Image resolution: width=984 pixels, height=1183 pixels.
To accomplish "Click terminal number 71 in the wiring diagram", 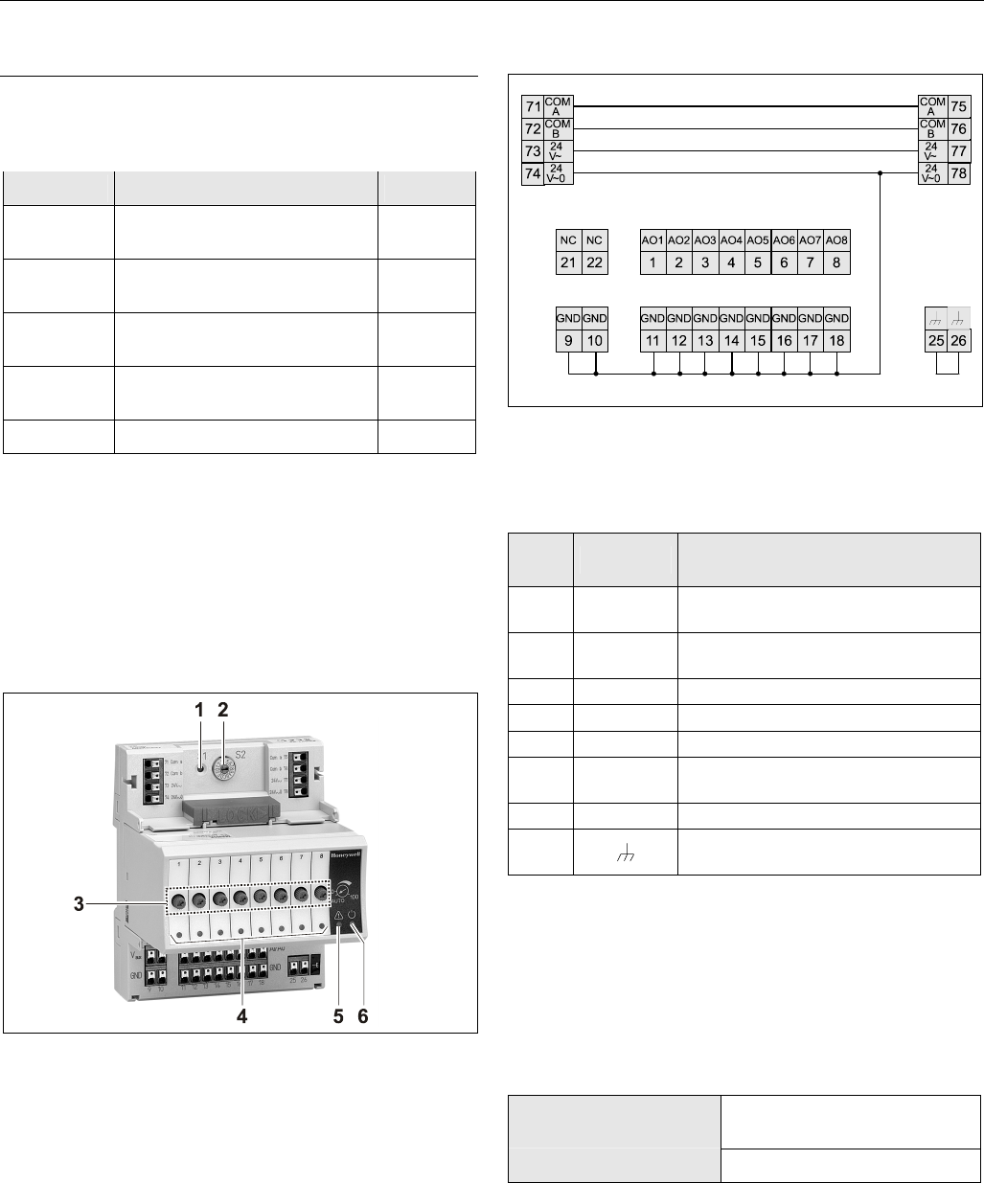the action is click(533, 105).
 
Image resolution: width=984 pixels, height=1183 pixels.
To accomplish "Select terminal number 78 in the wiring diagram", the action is click(958, 173).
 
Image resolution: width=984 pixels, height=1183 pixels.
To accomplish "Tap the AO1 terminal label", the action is click(652, 239).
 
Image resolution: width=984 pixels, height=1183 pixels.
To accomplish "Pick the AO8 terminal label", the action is click(836, 239).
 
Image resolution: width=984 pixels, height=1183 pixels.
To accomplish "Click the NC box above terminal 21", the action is click(568, 239).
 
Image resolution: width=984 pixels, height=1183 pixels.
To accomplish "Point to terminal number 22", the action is click(595, 261).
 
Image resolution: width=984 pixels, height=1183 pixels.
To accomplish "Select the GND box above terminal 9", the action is click(568, 317).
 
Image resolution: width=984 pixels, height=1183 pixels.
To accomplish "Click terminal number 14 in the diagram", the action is click(731, 339).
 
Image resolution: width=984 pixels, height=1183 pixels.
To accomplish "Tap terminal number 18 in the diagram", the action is click(836, 339).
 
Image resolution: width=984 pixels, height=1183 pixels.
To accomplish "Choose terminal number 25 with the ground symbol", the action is click(928, 339).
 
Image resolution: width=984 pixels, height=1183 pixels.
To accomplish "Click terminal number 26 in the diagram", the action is click(954, 339).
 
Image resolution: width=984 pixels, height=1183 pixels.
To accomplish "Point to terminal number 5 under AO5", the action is click(758, 261).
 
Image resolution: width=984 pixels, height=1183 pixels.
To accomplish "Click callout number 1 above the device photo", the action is click(199, 710).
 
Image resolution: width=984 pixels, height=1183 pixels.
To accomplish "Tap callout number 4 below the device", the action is click(243, 1017).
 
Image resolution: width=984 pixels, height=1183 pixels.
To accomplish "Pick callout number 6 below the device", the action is click(362, 1017).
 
